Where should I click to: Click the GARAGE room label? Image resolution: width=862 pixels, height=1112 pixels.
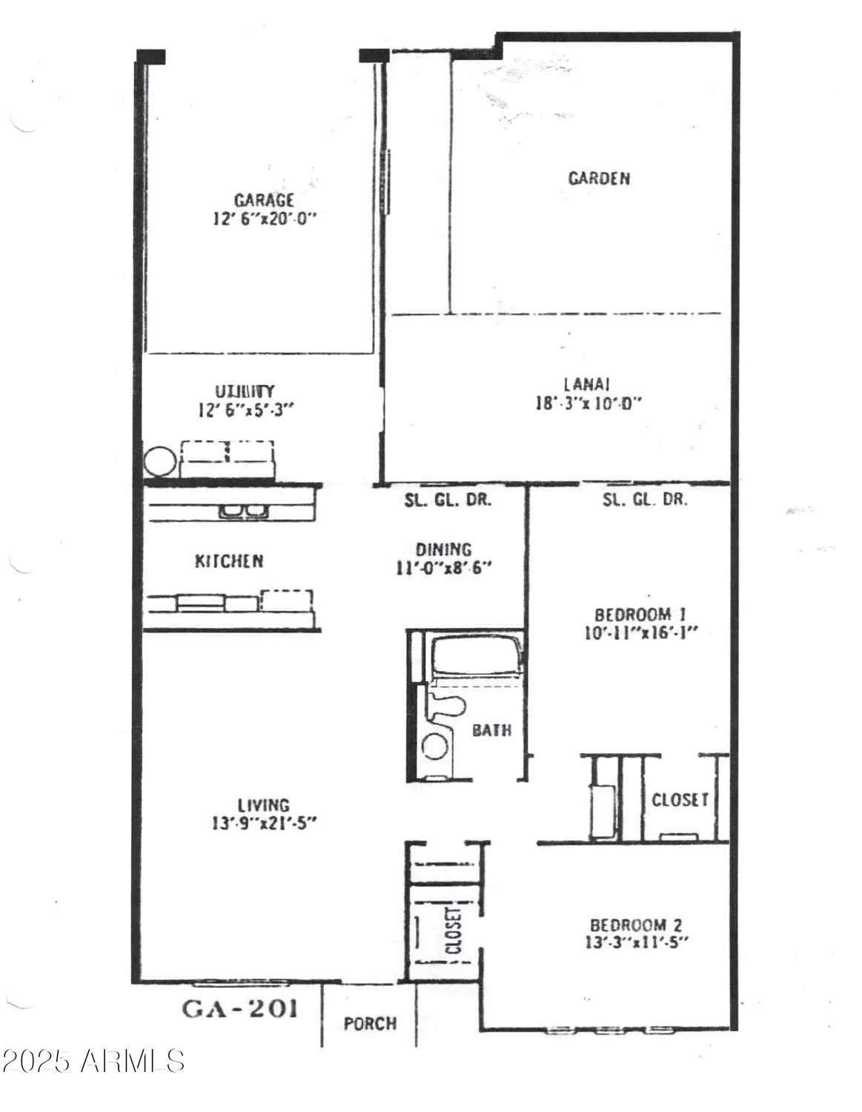[x=264, y=199]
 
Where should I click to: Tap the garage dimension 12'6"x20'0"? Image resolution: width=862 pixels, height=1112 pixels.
[x=264, y=219]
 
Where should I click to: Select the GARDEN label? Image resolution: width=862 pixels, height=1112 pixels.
[x=599, y=178]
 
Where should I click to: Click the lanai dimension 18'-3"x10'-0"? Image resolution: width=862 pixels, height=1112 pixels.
[x=588, y=404]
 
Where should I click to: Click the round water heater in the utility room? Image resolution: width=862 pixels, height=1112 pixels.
[x=160, y=462]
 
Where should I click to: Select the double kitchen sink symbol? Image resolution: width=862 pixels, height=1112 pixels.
[x=242, y=510]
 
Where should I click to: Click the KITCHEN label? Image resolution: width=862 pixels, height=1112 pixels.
[x=229, y=561]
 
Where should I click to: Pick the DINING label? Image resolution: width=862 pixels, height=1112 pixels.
[x=443, y=549]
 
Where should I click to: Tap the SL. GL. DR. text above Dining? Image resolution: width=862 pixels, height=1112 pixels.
[x=448, y=500]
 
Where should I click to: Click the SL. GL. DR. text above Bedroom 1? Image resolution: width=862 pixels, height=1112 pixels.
[x=645, y=500]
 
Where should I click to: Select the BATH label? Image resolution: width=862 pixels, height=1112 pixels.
[x=492, y=730]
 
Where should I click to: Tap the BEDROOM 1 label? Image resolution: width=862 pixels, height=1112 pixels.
[x=640, y=615]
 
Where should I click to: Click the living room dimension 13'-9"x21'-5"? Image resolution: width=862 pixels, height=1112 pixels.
[x=264, y=824]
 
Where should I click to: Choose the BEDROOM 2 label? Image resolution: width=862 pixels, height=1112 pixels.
[x=636, y=924]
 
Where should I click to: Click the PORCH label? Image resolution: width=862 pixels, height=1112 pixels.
[x=370, y=1024]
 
